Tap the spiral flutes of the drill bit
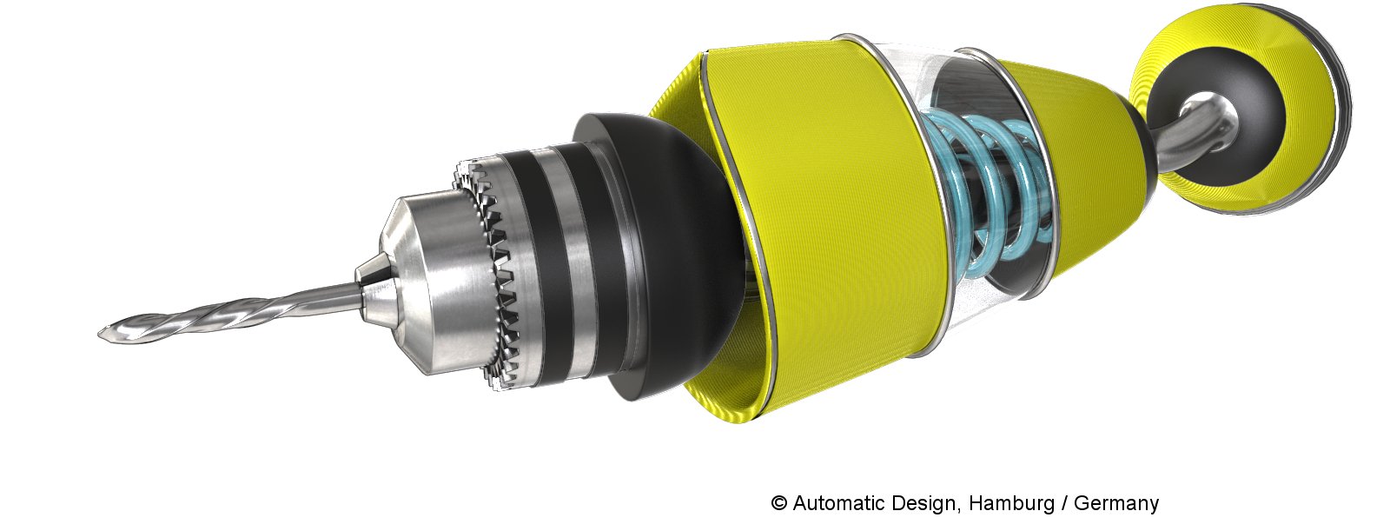205,315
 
